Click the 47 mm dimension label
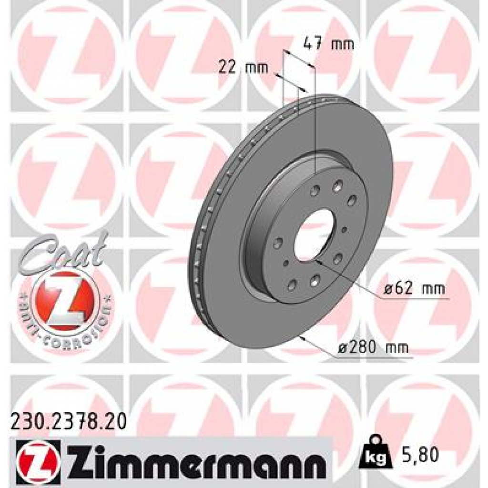(x=329, y=45)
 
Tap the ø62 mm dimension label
(x=414, y=289)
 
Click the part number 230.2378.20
(x=69, y=422)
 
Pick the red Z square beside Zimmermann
(x=37, y=459)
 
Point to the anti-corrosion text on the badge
(x=67, y=329)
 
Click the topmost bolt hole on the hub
(x=338, y=185)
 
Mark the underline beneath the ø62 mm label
(x=415, y=300)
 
